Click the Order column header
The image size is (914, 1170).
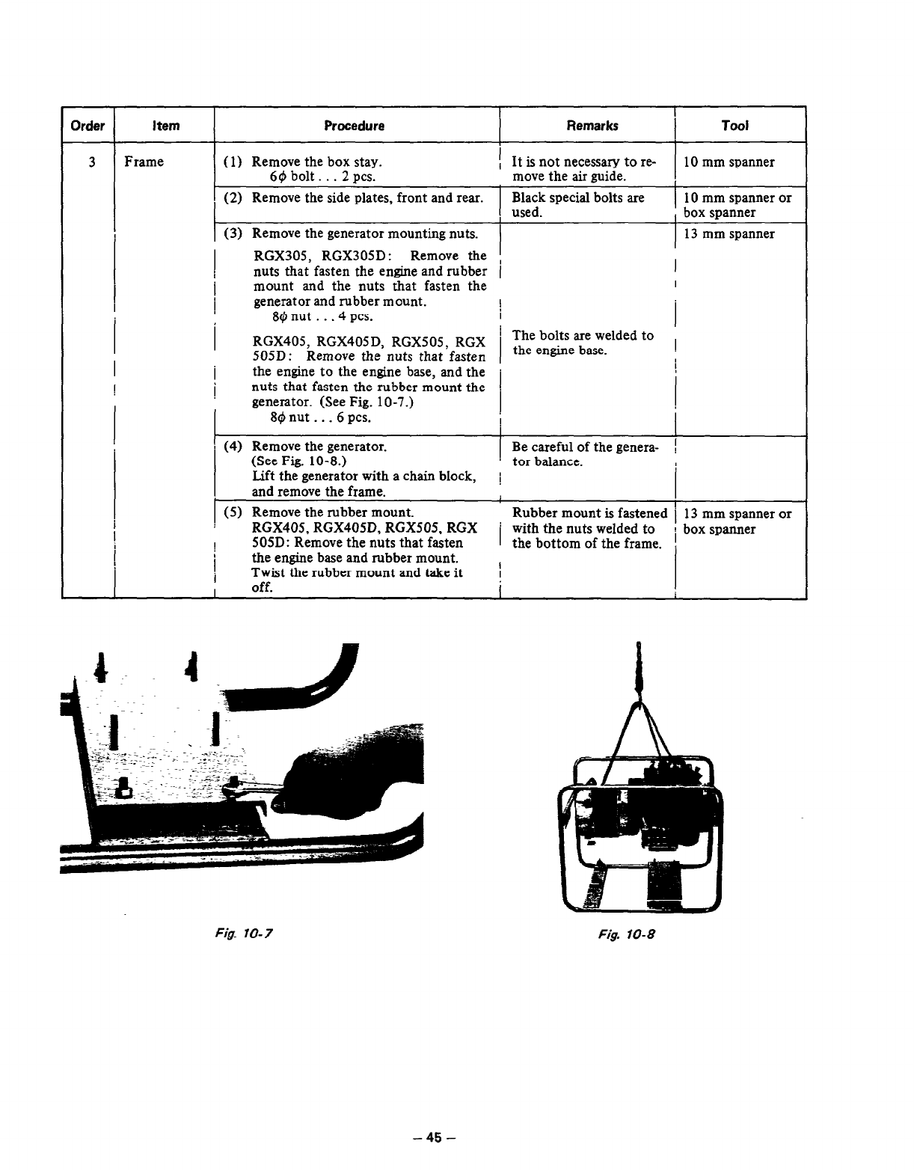[88, 126]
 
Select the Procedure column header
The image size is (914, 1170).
[355, 126]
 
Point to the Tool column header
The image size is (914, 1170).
[734, 126]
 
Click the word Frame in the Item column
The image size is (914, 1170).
[144, 162]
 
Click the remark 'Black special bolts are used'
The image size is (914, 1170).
[577, 205]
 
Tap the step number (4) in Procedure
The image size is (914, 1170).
[232, 447]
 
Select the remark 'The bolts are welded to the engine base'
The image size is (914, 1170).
[583, 343]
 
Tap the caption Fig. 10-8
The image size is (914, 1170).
[633, 934]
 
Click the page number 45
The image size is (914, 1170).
[434, 1138]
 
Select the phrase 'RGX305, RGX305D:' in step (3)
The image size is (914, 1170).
[319, 256]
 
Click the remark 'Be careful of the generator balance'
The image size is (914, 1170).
[585, 454]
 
